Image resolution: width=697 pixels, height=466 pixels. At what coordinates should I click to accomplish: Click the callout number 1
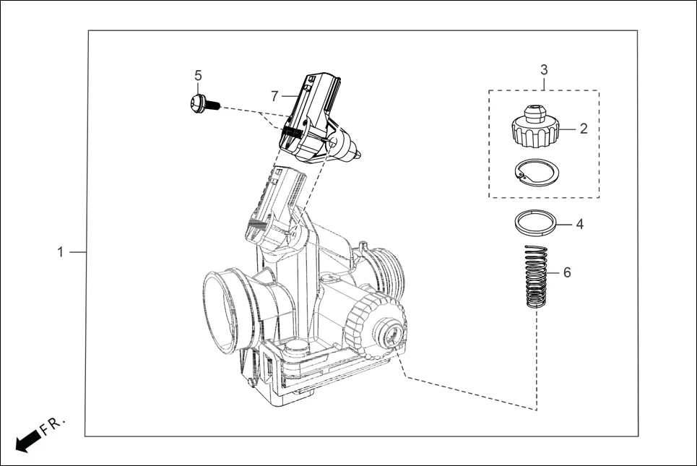pos(61,252)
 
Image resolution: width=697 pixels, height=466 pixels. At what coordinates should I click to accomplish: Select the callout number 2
pos(584,129)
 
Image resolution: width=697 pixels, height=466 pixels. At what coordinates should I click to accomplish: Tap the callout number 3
pos(544,70)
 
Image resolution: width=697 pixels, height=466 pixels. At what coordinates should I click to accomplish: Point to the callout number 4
pos(579,224)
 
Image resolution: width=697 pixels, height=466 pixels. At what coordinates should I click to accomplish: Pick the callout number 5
pos(198,76)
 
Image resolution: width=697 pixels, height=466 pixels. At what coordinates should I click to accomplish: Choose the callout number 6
pos(567,272)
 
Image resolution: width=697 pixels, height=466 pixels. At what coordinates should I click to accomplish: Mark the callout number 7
pos(274,95)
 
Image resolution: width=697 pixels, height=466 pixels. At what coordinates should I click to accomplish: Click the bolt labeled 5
pos(202,105)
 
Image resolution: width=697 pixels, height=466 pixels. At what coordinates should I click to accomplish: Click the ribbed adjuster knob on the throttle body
pos(374,329)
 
